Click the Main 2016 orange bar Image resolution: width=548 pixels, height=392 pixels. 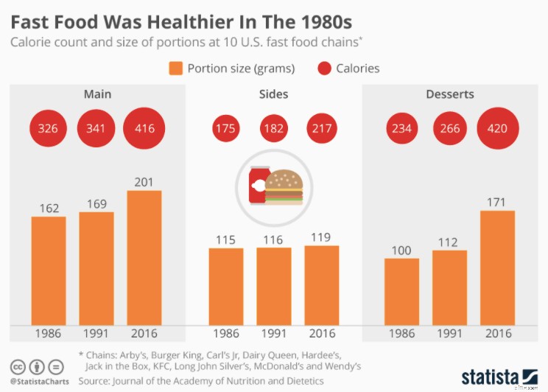pos(144,258)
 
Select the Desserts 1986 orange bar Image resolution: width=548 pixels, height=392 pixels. pos(401,292)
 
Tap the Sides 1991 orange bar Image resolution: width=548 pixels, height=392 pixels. pos(274,286)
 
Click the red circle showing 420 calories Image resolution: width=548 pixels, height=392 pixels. pos(497,128)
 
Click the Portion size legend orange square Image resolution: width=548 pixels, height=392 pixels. pos(175,69)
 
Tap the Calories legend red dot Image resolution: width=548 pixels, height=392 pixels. pos(324,69)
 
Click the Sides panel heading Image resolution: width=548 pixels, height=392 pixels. pos(274,94)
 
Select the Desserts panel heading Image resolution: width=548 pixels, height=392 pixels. pos(449,94)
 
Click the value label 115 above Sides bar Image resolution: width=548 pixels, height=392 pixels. pos(226,239)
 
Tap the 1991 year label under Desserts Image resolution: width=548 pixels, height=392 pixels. pos(449,334)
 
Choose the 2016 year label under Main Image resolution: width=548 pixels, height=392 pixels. pos(144,334)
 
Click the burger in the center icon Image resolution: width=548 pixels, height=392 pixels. pos(284,187)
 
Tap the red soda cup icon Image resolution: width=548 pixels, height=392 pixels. pos(259,186)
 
